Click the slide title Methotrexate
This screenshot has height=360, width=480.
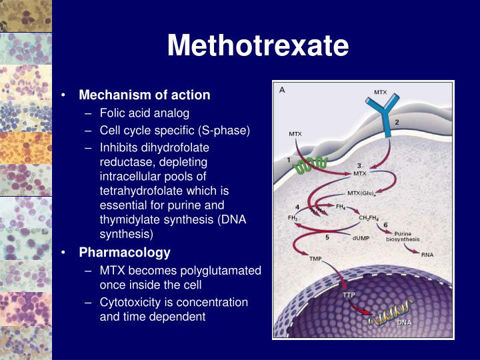258,45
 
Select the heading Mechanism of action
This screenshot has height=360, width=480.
145,95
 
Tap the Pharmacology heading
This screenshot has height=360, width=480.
125,253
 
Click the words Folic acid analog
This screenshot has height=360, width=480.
145,113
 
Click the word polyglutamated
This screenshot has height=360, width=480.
227,271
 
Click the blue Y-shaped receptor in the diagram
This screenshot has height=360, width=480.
381,117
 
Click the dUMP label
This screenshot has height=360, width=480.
362,235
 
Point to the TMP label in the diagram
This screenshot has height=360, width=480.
315,258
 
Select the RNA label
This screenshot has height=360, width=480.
428,254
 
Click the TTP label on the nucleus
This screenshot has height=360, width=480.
349,295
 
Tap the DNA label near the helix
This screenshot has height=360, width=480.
405,322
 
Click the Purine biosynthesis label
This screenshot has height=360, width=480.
407,237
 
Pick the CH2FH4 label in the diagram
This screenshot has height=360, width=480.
370,217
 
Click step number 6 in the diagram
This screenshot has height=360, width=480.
385,225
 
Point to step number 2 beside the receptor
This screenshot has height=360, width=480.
397,122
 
